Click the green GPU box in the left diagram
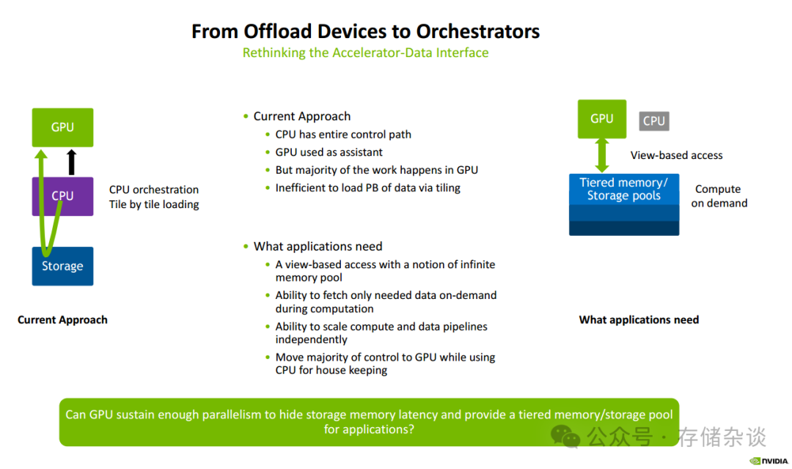click(x=62, y=127)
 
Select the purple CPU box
click(x=62, y=196)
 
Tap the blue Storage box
click(x=62, y=266)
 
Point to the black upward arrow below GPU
click(x=71, y=162)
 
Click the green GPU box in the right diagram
click(x=601, y=119)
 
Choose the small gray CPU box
click(x=653, y=121)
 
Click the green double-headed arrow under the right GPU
click(x=602, y=155)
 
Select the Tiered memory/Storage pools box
click(x=624, y=189)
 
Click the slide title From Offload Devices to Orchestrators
click(x=365, y=32)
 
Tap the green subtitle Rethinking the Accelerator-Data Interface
click(x=365, y=53)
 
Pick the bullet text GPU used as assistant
click(x=329, y=152)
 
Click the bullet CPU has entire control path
click(x=343, y=134)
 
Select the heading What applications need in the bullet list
click(x=318, y=246)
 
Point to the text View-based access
click(x=676, y=155)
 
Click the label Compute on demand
click(x=719, y=196)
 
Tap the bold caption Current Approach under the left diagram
click(x=62, y=320)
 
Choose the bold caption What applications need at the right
click(x=639, y=320)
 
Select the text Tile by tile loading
click(x=154, y=204)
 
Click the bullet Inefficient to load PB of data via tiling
click(x=367, y=188)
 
